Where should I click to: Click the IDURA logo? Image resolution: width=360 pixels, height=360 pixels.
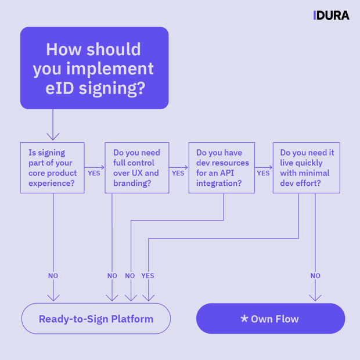[331, 16]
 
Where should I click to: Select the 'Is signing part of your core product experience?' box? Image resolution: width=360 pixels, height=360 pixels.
[52, 168]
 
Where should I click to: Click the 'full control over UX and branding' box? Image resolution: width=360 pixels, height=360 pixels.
[136, 168]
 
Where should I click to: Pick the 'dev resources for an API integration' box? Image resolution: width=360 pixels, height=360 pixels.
[222, 168]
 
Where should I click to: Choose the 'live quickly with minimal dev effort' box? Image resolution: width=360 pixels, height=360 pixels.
[306, 168]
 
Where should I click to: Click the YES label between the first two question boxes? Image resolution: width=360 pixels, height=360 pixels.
[94, 173]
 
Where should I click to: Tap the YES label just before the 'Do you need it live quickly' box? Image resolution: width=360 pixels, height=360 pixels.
[263, 173]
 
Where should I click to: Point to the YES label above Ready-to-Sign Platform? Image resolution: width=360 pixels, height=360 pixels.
[148, 276]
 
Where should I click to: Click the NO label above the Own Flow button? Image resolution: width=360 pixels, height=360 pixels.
[315, 276]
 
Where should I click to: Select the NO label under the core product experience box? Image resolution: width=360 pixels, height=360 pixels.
[53, 276]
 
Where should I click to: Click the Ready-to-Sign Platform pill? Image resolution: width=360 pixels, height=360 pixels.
[96, 319]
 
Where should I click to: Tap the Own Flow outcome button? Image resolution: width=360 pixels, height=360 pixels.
[271, 319]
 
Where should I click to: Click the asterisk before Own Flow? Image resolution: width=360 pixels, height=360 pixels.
[244, 319]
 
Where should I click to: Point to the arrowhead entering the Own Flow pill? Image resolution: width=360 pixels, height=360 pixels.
[315, 297]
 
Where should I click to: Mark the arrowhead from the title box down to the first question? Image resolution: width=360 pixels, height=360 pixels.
[53, 136]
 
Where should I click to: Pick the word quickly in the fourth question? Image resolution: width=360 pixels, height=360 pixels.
[311, 163]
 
